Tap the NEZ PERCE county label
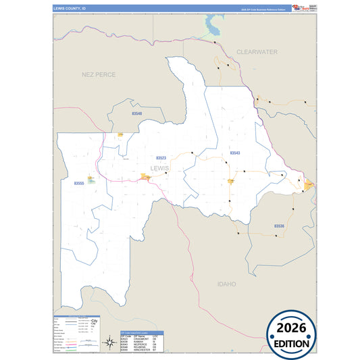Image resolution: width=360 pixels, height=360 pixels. click(98, 74)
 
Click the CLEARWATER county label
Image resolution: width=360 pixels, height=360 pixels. click(257, 51)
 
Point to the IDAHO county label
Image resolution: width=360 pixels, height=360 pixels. click(226, 284)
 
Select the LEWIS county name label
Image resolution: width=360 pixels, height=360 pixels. click(160, 168)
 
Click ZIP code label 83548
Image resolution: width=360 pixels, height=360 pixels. click(136, 113)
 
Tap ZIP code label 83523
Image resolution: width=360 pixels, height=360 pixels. click(161, 157)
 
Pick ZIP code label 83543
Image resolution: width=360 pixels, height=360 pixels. click(235, 153)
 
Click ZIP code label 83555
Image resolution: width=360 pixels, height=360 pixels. click(79, 183)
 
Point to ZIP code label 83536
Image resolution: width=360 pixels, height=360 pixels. click(279, 225)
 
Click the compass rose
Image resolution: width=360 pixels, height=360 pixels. click(109, 342)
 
